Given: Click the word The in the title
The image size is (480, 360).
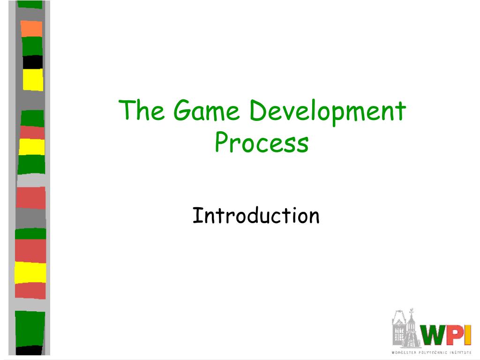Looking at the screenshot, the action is tap(141, 110).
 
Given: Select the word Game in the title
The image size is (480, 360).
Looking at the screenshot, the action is tap(206, 110).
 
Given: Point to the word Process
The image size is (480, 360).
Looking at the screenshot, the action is tap(262, 142).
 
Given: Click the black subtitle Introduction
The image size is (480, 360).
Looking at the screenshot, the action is tap(256, 216).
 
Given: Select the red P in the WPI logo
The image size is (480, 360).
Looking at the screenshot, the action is tap(456, 335).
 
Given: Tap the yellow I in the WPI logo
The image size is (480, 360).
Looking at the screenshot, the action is tap(468, 335).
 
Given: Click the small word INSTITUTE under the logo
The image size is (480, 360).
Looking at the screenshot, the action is tap(460, 352).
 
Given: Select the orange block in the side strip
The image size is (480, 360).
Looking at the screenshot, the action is tap(31, 29).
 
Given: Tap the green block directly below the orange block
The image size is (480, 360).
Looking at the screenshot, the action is tap(32, 46).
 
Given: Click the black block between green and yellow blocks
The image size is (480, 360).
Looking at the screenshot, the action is tap(33, 62).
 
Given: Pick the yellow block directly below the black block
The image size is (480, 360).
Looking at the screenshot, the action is tap(33, 80).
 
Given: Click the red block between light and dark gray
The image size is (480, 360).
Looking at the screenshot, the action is tap(30, 198).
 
